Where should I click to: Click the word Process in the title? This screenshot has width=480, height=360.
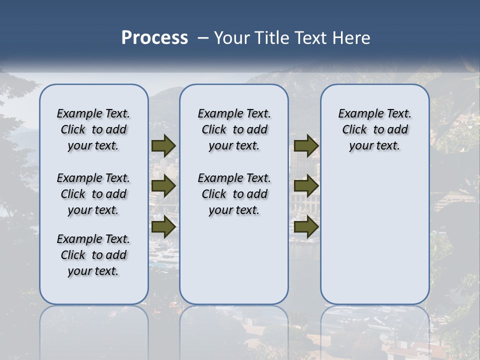click(154, 37)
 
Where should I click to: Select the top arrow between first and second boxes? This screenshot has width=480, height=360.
click(163, 146)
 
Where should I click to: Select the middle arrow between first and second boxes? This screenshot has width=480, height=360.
click(163, 186)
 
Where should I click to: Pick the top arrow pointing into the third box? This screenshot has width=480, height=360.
click(306, 146)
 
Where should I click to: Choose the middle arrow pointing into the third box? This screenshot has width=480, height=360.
click(306, 186)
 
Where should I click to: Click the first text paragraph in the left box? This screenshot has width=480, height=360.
click(93, 129)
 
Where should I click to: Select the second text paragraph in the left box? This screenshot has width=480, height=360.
click(93, 194)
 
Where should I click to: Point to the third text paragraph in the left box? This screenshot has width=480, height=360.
click(93, 255)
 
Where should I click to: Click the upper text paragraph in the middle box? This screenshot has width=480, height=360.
click(234, 129)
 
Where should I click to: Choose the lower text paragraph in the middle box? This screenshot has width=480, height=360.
click(234, 194)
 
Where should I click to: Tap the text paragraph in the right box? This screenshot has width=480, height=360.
click(374, 129)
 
